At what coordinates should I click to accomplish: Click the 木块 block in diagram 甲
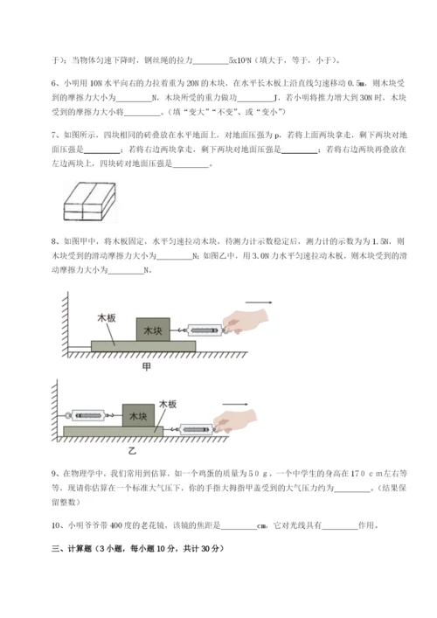(154, 330)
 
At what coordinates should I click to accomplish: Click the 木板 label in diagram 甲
(107, 320)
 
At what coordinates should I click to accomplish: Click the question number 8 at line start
(55, 240)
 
